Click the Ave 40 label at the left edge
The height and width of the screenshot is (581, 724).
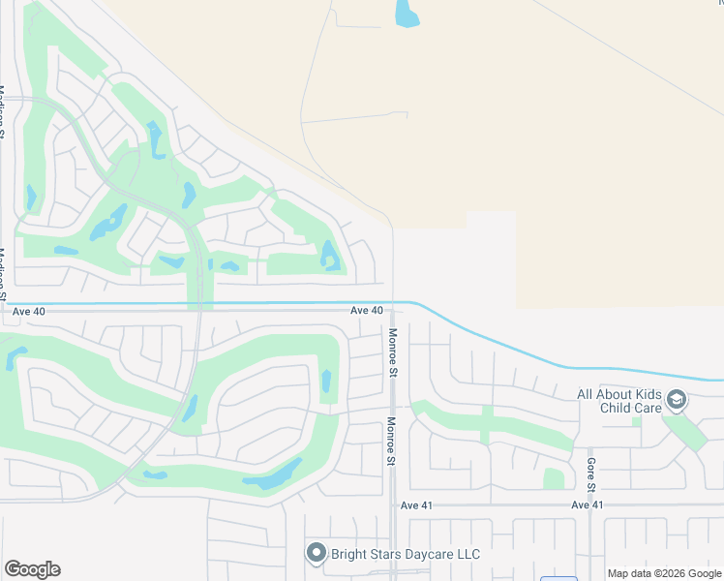(29, 312)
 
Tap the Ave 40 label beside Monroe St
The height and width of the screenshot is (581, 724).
(367, 310)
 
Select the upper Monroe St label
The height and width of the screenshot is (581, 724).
(393, 352)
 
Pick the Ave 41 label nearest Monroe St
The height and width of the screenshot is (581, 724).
(417, 505)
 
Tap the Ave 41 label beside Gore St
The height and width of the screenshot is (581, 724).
(587, 505)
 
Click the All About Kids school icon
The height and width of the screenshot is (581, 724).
(677, 399)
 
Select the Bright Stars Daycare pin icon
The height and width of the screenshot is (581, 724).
(316, 554)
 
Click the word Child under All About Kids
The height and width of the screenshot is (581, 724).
(600, 409)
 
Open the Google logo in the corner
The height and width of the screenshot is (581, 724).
(32, 569)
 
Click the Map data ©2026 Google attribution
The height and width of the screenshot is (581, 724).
(665, 573)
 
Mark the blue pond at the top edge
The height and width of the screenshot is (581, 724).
(407, 14)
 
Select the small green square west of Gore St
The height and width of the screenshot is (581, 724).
(554, 478)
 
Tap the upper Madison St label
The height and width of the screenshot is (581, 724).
(3, 112)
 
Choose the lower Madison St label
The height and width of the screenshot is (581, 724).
(3, 276)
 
